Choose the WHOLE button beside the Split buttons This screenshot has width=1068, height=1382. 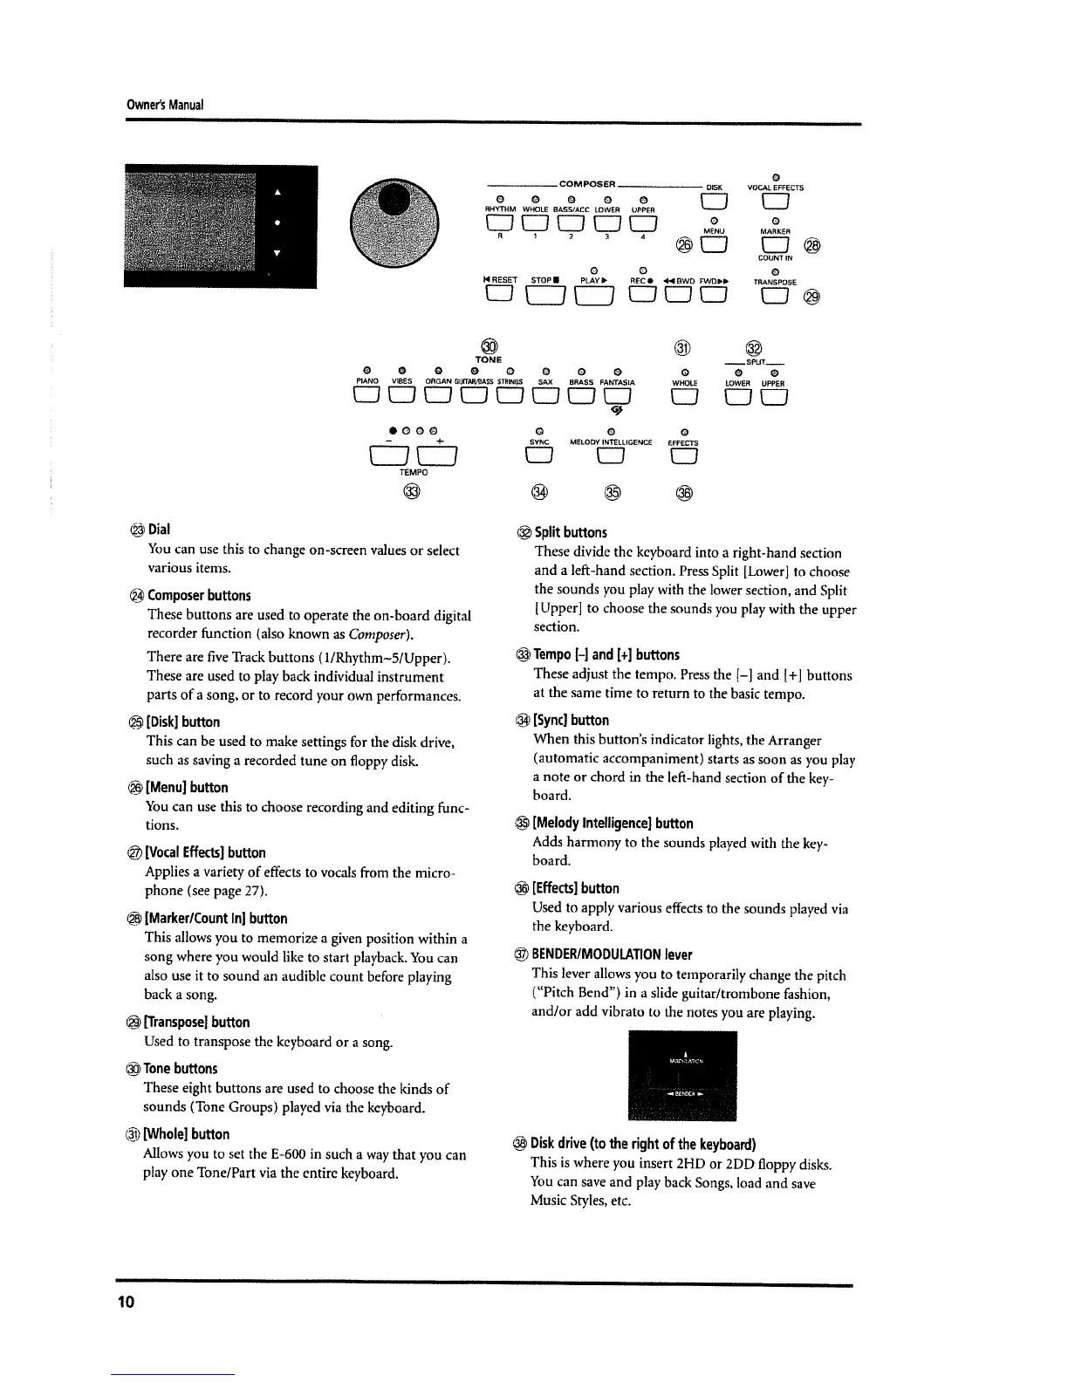685,397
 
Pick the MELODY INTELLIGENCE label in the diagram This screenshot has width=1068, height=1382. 611,442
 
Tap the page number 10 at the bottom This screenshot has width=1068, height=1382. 127,1303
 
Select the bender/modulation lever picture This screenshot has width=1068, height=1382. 682,1076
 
